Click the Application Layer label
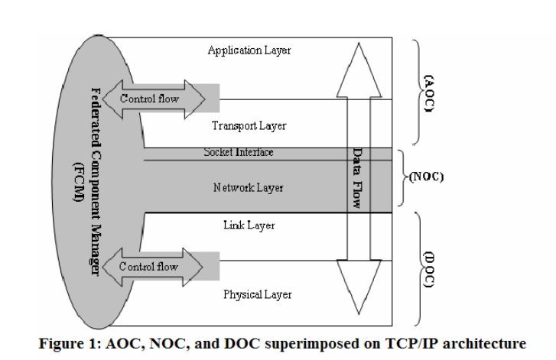tap(249, 50)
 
